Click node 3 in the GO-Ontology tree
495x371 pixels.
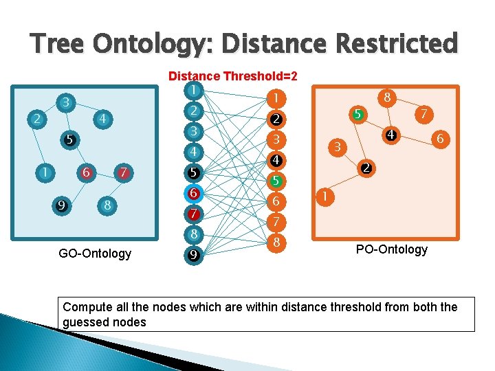pos(65,102)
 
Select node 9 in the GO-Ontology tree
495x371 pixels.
pos(62,204)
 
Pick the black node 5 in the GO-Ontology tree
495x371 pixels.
pos(69,139)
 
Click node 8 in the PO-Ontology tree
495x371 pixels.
pos(387,98)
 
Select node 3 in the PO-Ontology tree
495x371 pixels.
pos(337,146)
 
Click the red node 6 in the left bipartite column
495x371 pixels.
pos(195,193)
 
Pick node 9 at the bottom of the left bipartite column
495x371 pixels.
pos(195,256)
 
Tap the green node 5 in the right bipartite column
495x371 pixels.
pos(275,181)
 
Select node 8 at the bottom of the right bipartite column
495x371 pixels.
pos(275,243)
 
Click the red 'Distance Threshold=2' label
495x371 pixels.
pos(232,76)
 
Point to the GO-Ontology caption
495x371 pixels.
pos(95,254)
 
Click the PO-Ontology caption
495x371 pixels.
pos(391,249)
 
